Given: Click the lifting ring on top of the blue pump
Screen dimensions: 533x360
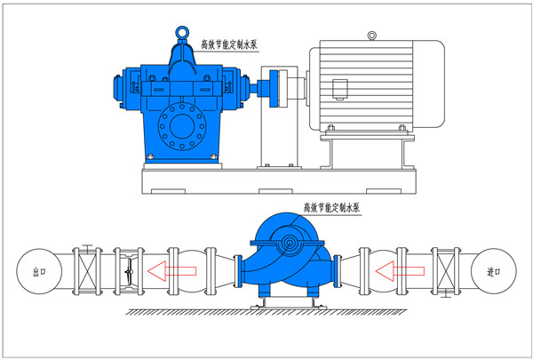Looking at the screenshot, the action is (x=181, y=33).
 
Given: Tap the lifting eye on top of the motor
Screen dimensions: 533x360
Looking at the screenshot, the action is (x=372, y=36).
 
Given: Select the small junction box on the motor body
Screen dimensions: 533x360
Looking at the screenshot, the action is (x=339, y=89).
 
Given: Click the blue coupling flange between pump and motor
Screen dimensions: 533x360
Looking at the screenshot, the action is (x=274, y=89).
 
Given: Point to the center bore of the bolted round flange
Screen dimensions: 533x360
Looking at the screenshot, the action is (x=182, y=126).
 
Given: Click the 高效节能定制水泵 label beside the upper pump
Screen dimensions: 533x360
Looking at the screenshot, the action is (x=229, y=44).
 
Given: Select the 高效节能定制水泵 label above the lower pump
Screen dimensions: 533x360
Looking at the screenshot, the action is (x=331, y=208).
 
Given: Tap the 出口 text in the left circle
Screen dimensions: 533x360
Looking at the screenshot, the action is (x=39, y=271).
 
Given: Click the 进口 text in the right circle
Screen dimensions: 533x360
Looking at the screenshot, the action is (x=493, y=271).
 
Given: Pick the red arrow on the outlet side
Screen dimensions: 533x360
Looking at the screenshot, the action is (x=172, y=271).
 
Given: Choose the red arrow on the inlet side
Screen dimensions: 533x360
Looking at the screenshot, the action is (x=400, y=271).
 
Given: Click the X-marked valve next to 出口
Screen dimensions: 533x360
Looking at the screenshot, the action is (x=87, y=271).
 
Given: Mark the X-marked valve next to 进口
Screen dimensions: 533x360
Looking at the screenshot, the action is (x=446, y=271).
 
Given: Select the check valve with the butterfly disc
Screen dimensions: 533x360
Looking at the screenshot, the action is (x=129, y=271).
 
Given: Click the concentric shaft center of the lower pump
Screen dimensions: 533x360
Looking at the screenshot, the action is (x=290, y=244).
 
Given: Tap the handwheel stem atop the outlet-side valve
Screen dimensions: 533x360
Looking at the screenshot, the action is (x=88, y=249).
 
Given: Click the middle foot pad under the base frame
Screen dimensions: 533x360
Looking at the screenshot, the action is (x=275, y=191).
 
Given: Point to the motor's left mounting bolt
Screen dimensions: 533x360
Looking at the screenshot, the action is (x=330, y=128).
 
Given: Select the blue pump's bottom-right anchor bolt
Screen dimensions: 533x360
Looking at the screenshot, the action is (x=213, y=156).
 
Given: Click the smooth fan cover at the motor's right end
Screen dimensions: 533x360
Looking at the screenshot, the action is (x=429, y=84).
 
